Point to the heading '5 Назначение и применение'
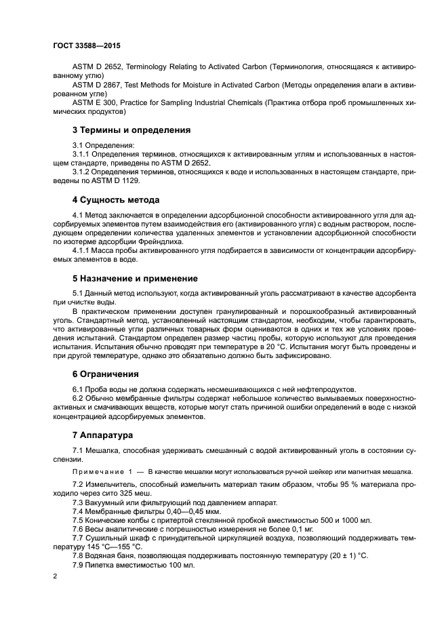135,278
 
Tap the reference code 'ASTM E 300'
94,102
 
